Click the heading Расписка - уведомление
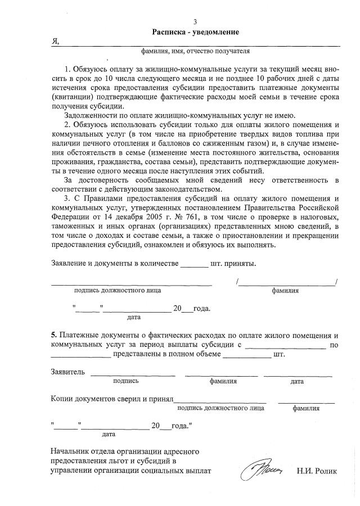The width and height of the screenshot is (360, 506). pos(195,32)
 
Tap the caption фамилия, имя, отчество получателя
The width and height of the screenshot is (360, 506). pos(195,52)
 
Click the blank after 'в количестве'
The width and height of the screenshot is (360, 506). pos(193,264)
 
